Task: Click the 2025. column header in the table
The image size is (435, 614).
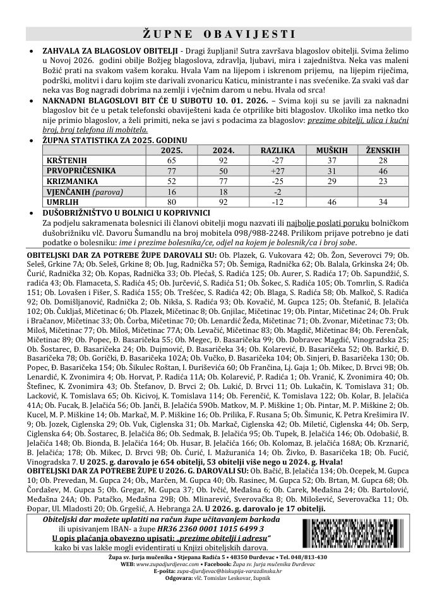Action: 172,151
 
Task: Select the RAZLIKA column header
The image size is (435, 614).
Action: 273,151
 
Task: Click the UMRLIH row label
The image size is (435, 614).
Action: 62,201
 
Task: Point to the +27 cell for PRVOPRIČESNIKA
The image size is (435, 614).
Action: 273,171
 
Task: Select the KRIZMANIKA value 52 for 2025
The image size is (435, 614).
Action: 172,181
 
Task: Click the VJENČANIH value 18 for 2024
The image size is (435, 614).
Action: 223,191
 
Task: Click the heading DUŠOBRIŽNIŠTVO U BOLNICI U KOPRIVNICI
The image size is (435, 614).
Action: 121,213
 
